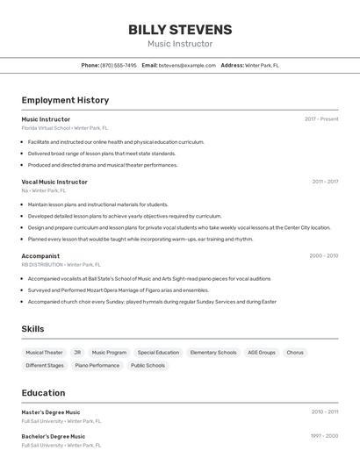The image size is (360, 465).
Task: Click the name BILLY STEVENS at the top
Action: (180, 30)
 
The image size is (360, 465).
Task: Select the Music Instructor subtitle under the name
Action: (180, 44)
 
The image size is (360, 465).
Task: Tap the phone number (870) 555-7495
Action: (119, 65)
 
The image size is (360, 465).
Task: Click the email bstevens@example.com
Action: (187, 65)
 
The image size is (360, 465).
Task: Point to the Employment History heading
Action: (65, 100)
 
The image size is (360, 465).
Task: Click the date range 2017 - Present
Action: (321, 118)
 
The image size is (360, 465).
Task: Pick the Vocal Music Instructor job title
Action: (54, 182)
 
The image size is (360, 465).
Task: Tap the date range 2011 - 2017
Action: (325, 182)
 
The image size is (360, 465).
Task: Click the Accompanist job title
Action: (40, 256)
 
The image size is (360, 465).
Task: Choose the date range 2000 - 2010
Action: (323, 256)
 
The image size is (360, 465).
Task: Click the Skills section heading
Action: (33, 329)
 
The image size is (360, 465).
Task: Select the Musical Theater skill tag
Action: (44, 353)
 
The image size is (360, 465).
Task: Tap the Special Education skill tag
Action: (158, 353)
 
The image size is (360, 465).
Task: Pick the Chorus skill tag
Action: (295, 353)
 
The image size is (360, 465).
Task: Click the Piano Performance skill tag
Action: (97, 365)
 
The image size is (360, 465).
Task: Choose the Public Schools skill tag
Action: (148, 365)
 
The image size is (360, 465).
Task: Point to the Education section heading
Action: (43, 393)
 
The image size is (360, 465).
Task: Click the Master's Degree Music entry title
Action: (51, 412)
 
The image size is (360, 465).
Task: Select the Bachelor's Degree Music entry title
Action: (54, 436)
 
